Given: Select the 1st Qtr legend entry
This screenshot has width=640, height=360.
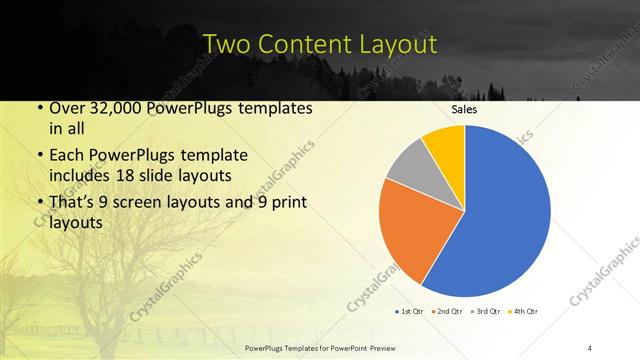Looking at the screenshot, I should pyautogui.click(x=409, y=311).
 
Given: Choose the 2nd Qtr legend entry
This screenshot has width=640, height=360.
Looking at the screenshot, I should pyautogui.click(x=446, y=311).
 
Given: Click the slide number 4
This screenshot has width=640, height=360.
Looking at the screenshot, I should pyautogui.click(x=590, y=346).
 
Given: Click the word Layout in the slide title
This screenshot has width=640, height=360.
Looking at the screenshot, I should pyautogui.click(x=398, y=44).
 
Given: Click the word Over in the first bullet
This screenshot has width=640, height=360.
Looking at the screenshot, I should pyautogui.click(x=67, y=107).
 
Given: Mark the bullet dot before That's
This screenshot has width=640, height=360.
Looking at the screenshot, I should pyautogui.click(x=38, y=204).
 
